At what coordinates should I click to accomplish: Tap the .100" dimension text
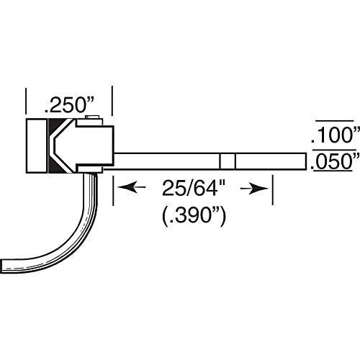click(x=333, y=135)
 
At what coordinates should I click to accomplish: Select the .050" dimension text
click(x=333, y=162)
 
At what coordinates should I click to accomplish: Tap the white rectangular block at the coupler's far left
click(x=37, y=146)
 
